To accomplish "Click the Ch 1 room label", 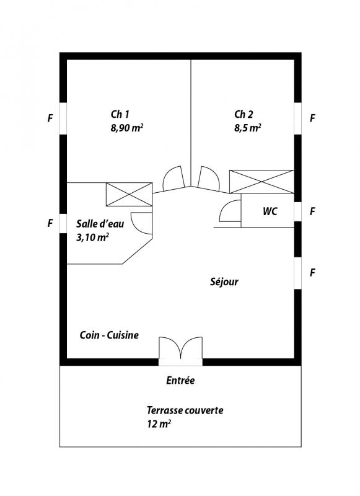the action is (120, 114).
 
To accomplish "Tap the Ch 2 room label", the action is (244, 114).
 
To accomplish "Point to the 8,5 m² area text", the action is (247, 128).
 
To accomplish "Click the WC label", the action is (270, 211).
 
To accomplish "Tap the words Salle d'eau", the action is (100, 224).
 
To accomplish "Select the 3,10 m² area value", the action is (92, 237).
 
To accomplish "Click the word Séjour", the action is (224, 281).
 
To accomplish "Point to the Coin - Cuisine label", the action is (109, 335).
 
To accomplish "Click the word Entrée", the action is (180, 380).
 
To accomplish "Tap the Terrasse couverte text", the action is (185, 410).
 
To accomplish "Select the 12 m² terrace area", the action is (159, 424).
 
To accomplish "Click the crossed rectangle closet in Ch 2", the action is (261, 182).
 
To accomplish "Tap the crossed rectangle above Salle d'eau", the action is (130, 194).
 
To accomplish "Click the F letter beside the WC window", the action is (312, 211).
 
